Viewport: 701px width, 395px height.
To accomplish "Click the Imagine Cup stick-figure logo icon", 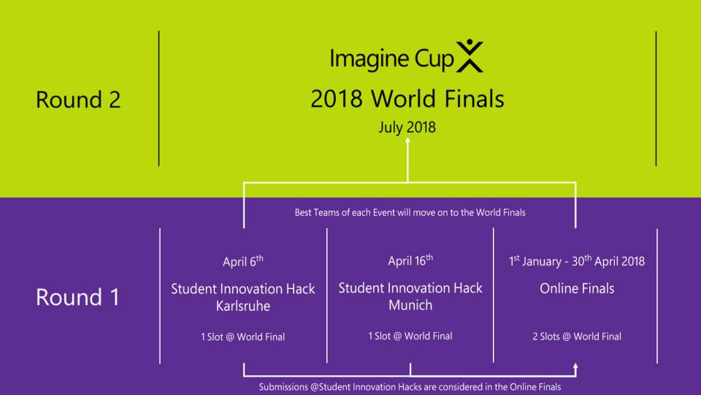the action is coord(470,56).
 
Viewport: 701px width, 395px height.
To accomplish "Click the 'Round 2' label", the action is coord(78,99).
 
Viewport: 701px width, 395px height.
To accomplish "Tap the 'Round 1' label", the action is coord(78,297).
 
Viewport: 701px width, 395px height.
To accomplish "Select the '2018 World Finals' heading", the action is coord(407,99).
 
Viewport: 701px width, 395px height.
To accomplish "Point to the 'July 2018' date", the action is coord(407,127).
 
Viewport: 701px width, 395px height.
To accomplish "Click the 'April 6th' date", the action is coord(242,261).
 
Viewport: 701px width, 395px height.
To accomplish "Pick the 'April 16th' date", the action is coord(410,260).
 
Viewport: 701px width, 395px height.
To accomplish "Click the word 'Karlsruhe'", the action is coord(242,306).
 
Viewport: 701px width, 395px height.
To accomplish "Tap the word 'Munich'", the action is coord(410,305).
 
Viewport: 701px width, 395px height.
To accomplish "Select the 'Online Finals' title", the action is coord(577,288).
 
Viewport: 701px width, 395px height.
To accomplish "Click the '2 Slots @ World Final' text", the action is coord(577,336).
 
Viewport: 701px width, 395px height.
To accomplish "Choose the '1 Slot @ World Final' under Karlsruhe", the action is coord(242,336).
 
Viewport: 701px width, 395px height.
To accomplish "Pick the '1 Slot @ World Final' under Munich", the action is coord(410,336).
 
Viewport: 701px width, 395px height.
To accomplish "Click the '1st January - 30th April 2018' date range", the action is coord(577,261).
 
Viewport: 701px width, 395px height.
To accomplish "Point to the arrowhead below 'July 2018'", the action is coord(407,140).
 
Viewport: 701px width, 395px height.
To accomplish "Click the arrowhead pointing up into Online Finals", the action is coord(575,366).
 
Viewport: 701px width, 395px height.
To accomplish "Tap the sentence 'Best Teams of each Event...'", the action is coord(410,212).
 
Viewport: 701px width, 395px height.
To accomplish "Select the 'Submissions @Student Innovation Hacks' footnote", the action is coord(410,387).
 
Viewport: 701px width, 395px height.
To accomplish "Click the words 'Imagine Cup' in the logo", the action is coord(391,59).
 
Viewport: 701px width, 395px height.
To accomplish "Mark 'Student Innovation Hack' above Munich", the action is coord(410,288).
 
